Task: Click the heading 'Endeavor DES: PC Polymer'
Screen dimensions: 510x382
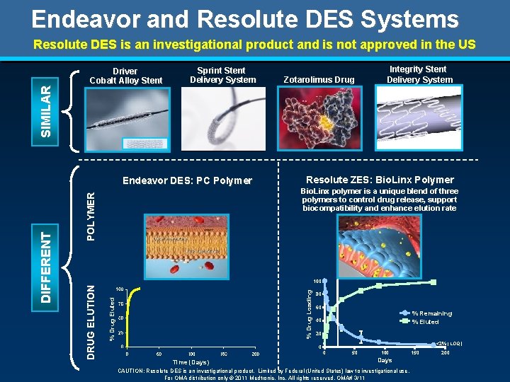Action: [187, 180]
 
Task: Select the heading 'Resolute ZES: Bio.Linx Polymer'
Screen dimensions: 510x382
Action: [380, 180]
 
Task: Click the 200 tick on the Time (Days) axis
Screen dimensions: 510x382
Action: [255, 353]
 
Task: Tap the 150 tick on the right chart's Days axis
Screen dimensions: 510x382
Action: [415, 352]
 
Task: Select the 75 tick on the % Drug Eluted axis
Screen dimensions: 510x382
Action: [120, 303]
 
